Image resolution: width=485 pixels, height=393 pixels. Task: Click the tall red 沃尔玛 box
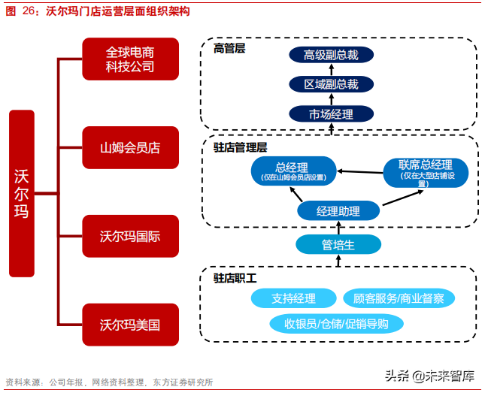[x=22, y=193]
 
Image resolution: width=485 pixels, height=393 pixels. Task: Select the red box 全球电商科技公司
[x=130, y=59]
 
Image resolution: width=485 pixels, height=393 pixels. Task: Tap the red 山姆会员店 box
[x=130, y=148]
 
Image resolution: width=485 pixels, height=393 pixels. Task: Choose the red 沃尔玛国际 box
[x=130, y=236]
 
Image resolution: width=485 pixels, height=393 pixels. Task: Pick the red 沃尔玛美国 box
[x=130, y=325]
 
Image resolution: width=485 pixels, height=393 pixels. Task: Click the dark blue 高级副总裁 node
[x=331, y=55]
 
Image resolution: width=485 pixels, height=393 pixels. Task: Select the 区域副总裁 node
[x=331, y=84]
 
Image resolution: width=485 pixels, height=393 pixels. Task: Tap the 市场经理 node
[x=331, y=114]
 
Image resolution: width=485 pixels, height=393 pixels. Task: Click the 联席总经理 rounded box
[x=425, y=171]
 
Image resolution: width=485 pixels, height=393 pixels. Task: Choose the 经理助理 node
[x=338, y=211]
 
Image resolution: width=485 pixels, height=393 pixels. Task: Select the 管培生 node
[x=338, y=245]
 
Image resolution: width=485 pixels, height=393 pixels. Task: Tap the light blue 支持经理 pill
[x=293, y=298]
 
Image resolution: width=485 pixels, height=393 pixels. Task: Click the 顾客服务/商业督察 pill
[x=399, y=298]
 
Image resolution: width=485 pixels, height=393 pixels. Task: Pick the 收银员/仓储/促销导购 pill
[x=337, y=324]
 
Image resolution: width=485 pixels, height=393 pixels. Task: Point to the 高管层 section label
[x=229, y=49]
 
